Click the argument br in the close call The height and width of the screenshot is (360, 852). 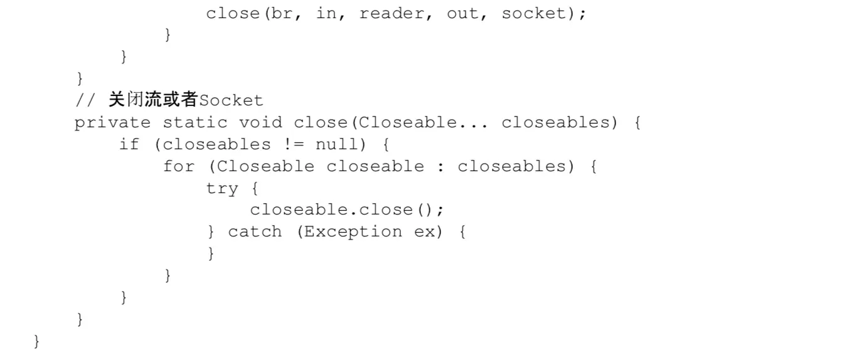click(x=283, y=13)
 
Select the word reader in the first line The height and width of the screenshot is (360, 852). click(x=391, y=13)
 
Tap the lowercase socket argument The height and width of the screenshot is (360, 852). click(x=533, y=13)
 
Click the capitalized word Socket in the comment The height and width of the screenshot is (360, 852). click(x=231, y=100)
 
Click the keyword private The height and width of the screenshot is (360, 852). click(x=112, y=122)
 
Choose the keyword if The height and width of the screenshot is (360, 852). click(x=129, y=144)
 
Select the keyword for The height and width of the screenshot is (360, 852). click(x=178, y=166)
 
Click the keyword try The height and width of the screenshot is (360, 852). click(x=222, y=188)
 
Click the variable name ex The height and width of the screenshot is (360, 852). click(x=424, y=232)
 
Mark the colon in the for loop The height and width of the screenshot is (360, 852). click(x=441, y=167)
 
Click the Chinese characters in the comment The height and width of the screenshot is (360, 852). click(x=152, y=100)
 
